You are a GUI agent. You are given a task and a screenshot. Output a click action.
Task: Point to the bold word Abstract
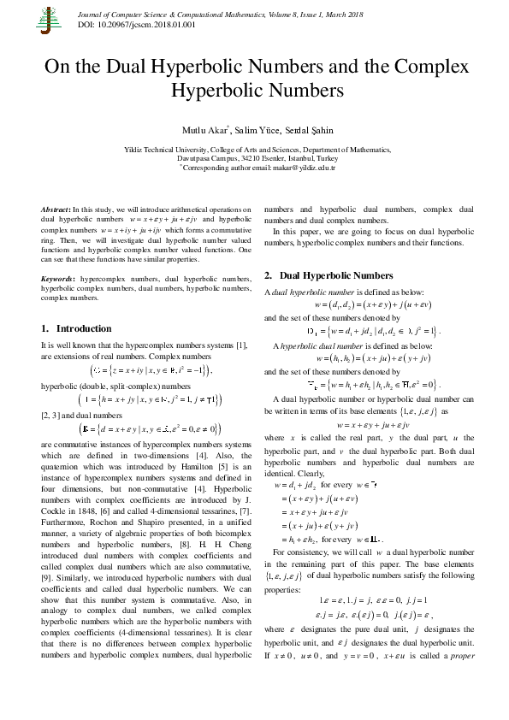pos(56,210)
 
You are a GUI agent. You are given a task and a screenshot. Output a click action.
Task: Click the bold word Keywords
pos(58,279)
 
